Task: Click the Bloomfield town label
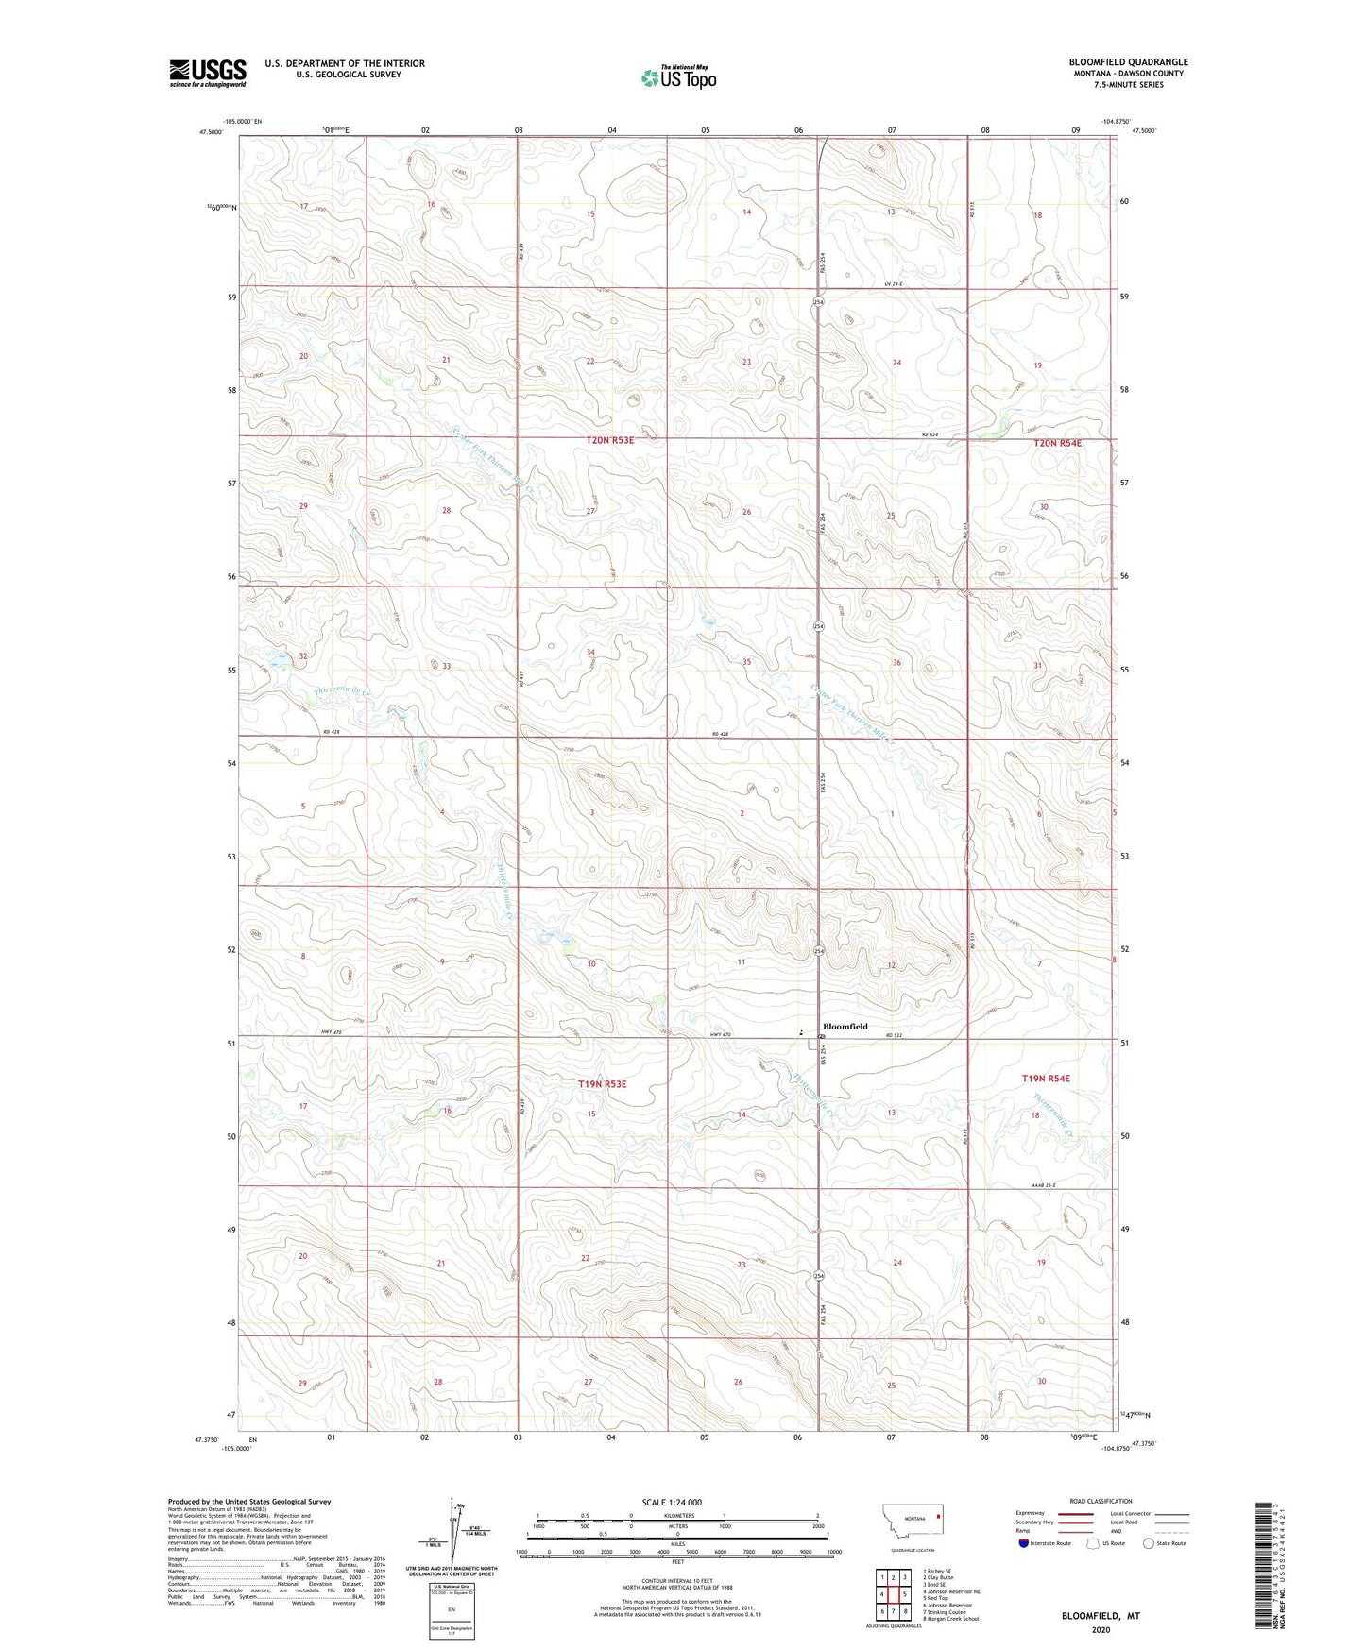point(845,1026)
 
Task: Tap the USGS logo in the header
point(208,73)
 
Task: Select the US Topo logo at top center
point(677,77)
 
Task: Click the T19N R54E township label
point(1046,1078)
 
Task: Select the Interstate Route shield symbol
point(1023,1543)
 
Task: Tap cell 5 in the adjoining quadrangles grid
point(905,1594)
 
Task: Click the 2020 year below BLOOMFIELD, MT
point(1101,1630)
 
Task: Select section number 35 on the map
point(746,662)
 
